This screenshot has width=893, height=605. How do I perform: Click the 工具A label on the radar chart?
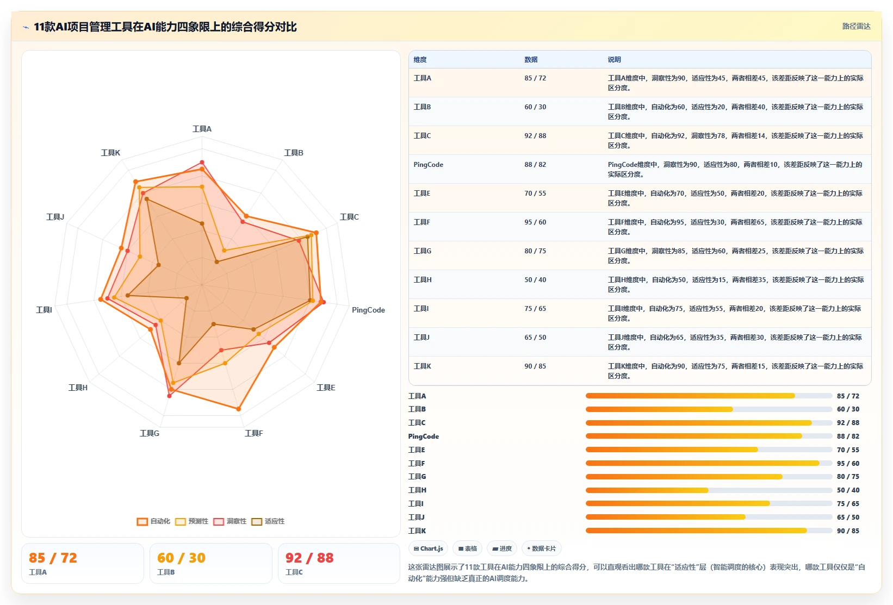pyautogui.click(x=202, y=129)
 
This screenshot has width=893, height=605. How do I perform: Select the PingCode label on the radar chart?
pyautogui.click(x=368, y=310)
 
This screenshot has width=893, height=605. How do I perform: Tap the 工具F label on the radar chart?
pyautogui.click(x=253, y=433)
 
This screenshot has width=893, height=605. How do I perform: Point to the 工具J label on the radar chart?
pyautogui.click(x=55, y=216)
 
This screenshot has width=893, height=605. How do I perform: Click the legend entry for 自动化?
pyautogui.click(x=153, y=521)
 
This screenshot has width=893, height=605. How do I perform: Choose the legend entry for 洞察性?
pyautogui.click(x=230, y=521)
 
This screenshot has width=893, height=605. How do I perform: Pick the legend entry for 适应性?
pyautogui.click(x=268, y=521)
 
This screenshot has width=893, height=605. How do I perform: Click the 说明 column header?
pyautogui.click(x=614, y=59)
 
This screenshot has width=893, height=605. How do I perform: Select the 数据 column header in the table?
pyautogui.click(x=531, y=59)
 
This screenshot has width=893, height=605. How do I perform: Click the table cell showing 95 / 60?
pyautogui.click(x=535, y=222)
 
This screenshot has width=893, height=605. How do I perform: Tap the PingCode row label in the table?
pyautogui.click(x=428, y=164)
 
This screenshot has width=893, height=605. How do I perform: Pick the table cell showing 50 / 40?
pyautogui.click(x=535, y=279)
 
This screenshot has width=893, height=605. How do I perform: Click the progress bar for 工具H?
pyautogui.click(x=709, y=490)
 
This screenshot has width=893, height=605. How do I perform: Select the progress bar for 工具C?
pyautogui.click(x=709, y=422)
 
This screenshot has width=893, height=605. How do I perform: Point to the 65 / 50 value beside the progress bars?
pyautogui.click(x=848, y=517)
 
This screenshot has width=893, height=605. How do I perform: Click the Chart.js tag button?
pyautogui.click(x=428, y=548)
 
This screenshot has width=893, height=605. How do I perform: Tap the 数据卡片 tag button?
pyautogui.click(x=541, y=548)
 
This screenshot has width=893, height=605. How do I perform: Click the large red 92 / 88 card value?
pyautogui.click(x=309, y=558)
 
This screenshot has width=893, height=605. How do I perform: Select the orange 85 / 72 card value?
pyautogui.click(x=53, y=558)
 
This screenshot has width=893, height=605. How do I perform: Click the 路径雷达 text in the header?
pyautogui.click(x=856, y=26)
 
